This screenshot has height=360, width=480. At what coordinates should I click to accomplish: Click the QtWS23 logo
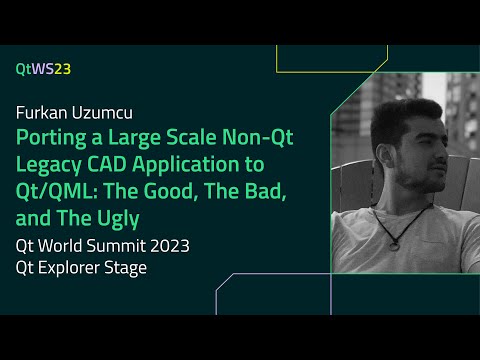43,69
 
